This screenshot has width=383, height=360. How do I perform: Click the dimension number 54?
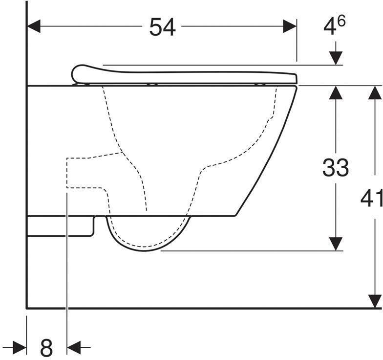click(x=162, y=27)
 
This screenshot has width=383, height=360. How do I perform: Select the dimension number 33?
click(x=335, y=168)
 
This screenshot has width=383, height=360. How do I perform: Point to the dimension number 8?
click(x=46, y=348)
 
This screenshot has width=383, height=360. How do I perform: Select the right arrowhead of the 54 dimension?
click(x=290, y=27)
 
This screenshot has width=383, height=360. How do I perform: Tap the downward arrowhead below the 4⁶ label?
click(x=335, y=58)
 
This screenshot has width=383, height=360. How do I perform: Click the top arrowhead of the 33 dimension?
click(x=335, y=92)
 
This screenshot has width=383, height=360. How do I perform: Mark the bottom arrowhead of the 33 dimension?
click(x=335, y=244)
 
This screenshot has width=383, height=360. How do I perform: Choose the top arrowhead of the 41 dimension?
click(x=375, y=92)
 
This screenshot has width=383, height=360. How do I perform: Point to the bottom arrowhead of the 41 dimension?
click(x=375, y=301)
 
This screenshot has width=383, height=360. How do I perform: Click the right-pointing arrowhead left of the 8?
click(x=20, y=348)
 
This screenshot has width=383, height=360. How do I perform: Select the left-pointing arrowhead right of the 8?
click(x=74, y=348)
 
